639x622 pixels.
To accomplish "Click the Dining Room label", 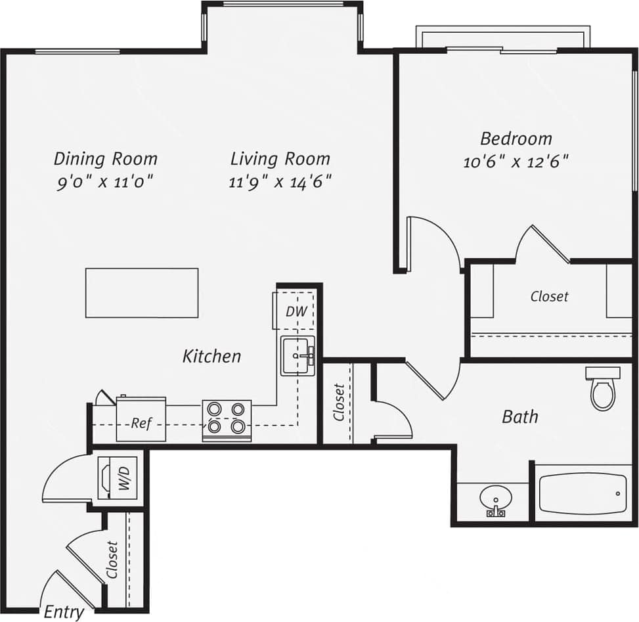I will pos(105,159).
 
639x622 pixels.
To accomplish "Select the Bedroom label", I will pos(516,139).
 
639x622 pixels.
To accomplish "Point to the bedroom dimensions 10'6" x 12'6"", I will pos(516,162).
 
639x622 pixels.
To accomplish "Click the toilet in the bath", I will pos(602,389).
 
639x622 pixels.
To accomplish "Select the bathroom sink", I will pos(495,500).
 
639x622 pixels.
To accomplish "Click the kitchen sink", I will pos(297,355).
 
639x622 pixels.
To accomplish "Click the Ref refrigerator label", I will pos(141,424).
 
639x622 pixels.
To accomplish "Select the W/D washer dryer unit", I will pos(118,478).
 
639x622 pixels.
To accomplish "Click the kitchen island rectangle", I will pos(142,293).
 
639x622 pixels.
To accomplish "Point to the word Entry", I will pos(64,612).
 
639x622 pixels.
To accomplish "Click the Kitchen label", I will pos(211,357).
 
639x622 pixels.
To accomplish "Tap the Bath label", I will pos(520,416).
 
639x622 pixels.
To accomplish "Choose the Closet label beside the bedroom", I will pos(550,297).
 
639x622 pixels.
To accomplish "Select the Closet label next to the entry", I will pos(113,560).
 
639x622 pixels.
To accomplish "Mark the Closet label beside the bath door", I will pos(339,402).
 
